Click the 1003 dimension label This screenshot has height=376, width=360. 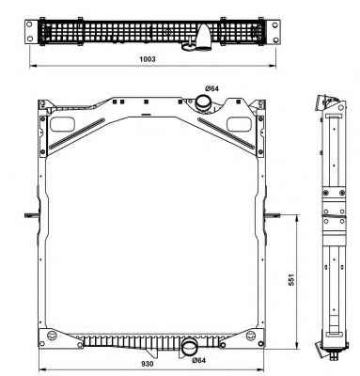(x=148, y=59)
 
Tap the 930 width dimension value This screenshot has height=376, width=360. (x=147, y=364)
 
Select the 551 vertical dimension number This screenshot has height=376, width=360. (x=291, y=279)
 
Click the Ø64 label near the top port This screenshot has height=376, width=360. (x=211, y=88)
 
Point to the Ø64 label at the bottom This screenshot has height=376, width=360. (x=199, y=360)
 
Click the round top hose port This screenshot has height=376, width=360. (x=203, y=102)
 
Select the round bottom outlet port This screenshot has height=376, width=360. (x=190, y=347)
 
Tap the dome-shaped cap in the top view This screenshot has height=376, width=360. (x=204, y=37)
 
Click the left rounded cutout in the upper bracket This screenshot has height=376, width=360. (x=62, y=124)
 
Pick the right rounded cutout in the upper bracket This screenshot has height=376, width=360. (x=239, y=124)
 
